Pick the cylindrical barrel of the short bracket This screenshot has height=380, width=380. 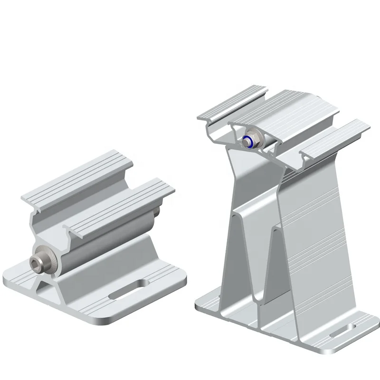pyautogui.click(x=95, y=247)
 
